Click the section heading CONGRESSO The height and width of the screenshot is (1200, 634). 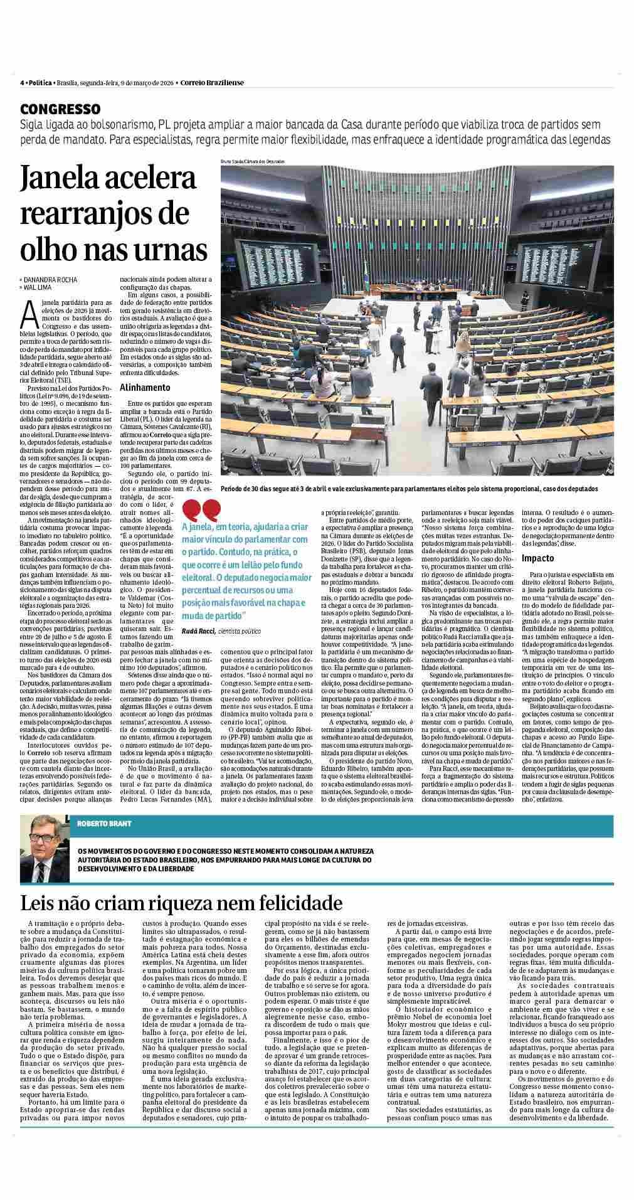point(60,109)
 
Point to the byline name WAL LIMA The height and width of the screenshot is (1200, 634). point(41,287)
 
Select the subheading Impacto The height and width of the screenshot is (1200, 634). point(538,558)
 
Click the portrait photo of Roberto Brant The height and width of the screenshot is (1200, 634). point(44,849)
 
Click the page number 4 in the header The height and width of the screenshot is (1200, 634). point(21,82)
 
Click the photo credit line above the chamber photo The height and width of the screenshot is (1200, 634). point(253,161)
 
